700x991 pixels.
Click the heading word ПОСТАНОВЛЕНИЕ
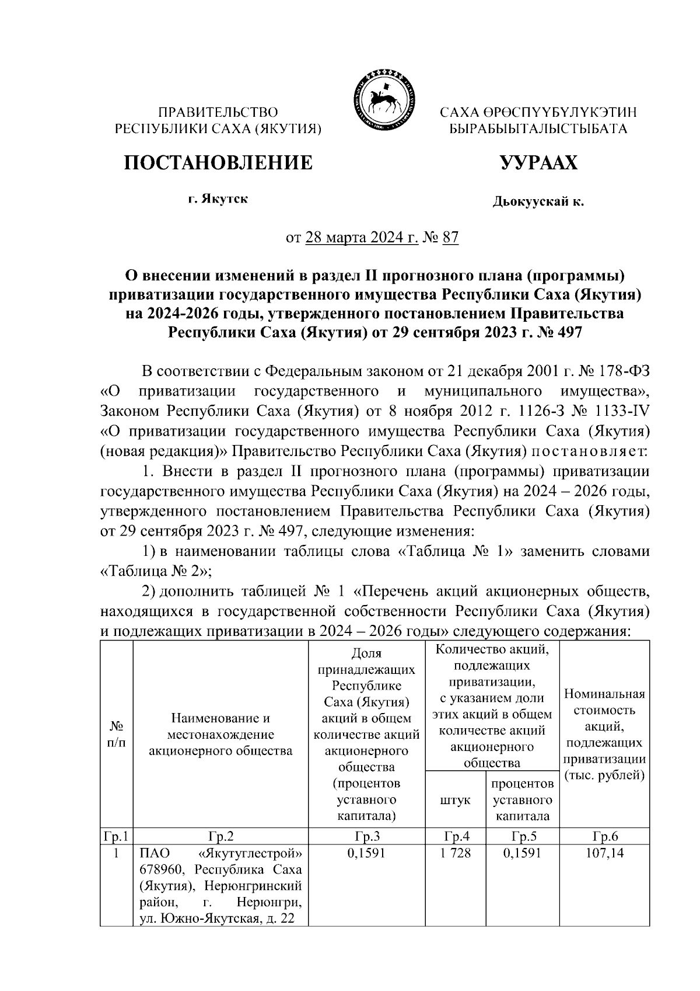[218, 163]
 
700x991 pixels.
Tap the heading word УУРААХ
[538, 163]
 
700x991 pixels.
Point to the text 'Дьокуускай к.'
[538, 202]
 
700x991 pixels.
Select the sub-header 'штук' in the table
[456, 799]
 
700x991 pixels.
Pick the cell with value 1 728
[456, 853]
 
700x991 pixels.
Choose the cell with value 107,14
[604, 853]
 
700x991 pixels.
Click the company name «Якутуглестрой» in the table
[247, 853]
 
